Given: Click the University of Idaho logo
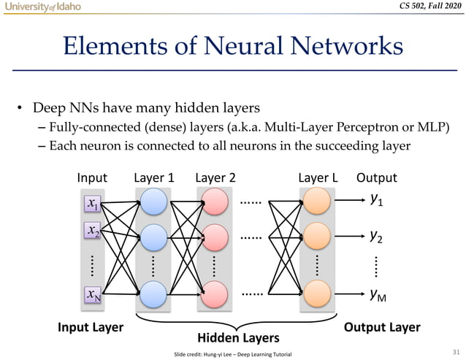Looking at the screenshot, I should click(42, 7).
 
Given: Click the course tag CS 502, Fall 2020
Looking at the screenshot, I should click(425, 7).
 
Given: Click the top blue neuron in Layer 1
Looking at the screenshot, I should click(154, 202).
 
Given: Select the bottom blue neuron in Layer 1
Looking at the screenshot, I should click(154, 294).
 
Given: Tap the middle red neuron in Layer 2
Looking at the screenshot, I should click(215, 237).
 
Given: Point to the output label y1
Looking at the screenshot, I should click(377, 199).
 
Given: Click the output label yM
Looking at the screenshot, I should click(378, 294).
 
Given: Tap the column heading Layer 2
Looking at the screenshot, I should click(215, 177).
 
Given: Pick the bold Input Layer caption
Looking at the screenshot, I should click(91, 327).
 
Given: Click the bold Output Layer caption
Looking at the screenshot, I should click(382, 327).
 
